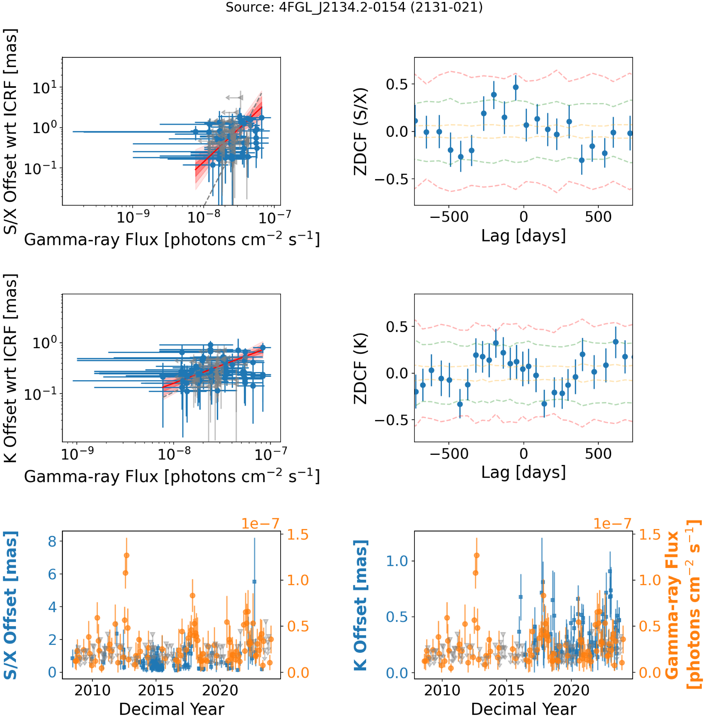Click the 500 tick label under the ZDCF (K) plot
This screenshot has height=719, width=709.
[598, 453]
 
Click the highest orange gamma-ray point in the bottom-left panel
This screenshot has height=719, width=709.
[127, 555]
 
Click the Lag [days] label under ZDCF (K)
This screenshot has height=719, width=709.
[523, 472]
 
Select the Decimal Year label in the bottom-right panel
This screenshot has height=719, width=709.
[523, 709]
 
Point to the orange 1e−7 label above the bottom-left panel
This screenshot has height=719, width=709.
[260, 523]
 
